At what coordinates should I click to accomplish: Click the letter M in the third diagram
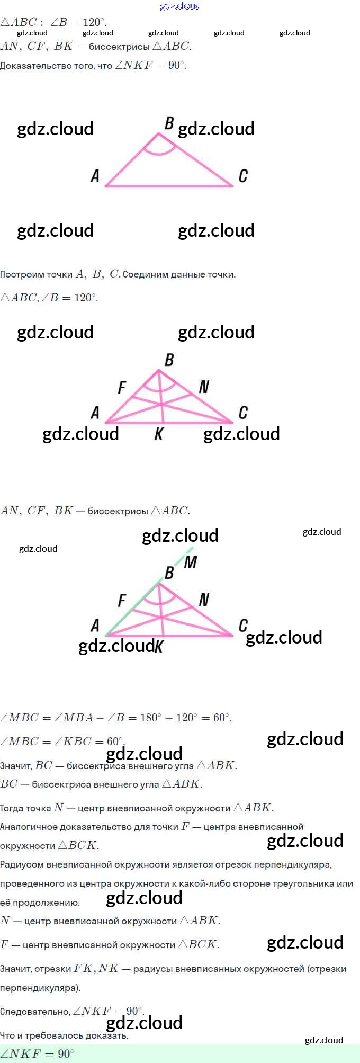coord(191,562)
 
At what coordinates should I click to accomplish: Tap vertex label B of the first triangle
coord(169,123)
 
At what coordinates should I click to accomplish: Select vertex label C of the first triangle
coord(243,176)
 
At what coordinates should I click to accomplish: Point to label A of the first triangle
coord(95,176)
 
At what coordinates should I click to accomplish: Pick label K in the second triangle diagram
coord(159,435)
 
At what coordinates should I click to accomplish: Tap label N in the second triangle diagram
coord(204,387)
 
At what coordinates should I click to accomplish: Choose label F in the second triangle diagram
coord(122,388)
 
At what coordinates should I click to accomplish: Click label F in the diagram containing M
coord(122,601)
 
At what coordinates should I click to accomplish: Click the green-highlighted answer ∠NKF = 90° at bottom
coord(37,1053)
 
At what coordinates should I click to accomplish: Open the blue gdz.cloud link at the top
coord(180,6)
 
